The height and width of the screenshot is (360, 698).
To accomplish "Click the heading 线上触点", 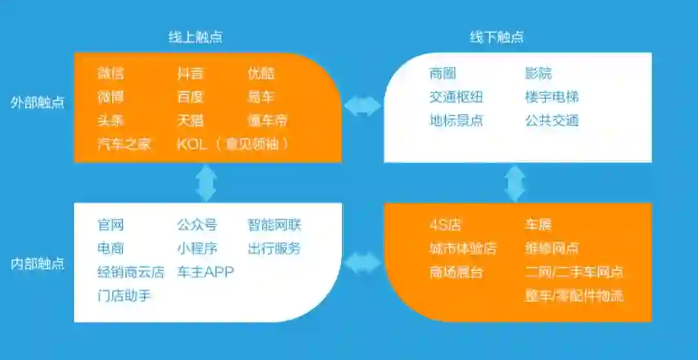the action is point(195,37).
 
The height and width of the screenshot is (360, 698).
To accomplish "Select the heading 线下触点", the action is point(496,37).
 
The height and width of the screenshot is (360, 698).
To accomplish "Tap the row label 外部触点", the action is point(37,103).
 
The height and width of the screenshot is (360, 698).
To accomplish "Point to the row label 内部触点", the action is point(37,264).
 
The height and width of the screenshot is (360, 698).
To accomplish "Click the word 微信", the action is point(111,74).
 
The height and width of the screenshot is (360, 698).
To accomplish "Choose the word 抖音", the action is point(190,74).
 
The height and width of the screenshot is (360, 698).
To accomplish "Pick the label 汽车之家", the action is point(124,143).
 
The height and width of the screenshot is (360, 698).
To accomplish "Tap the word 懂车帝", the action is point(267,120).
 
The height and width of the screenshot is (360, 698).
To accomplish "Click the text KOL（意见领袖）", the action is point(233,143).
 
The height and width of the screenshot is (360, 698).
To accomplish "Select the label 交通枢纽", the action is point(456,97).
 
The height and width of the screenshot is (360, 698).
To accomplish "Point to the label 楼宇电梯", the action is point(551,97).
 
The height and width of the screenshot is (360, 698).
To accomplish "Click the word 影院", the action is point(538,74).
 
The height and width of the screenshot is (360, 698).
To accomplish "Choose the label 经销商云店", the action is point(131,272).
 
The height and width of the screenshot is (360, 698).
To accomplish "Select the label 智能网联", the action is point(274,226).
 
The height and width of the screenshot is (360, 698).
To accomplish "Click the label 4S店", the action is point(445,226).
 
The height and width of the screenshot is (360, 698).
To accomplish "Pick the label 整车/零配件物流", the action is point(574,296).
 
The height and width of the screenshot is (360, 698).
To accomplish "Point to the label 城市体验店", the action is point(463,249).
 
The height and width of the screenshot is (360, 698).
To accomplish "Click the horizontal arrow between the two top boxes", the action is point(363,106).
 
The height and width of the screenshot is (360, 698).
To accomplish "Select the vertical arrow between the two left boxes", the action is point(206,182).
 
